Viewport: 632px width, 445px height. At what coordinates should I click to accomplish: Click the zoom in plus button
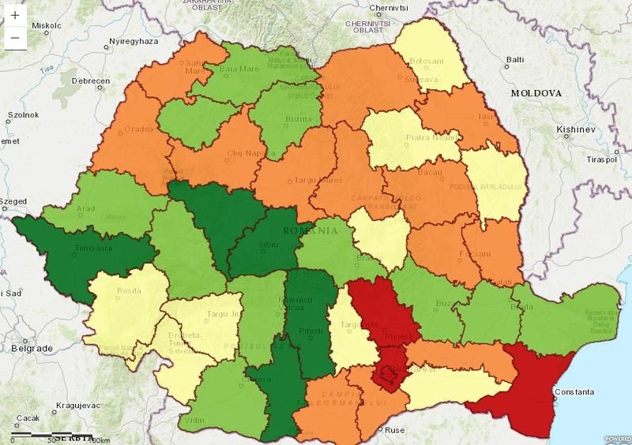pyautogui.click(x=15, y=16)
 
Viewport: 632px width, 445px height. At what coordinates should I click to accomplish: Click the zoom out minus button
pyautogui.click(x=15, y=37)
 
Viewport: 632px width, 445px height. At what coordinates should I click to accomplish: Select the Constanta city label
pyautogui.click(x=574, y=391)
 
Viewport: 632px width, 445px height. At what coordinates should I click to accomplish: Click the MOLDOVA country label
pyautogui.click(x=536, y=93)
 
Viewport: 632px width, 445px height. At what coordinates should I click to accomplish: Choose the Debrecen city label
pyautogui.click(x=91, y=81)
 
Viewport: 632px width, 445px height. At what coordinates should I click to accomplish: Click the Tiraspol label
pyautogui.click(x=600, y=159)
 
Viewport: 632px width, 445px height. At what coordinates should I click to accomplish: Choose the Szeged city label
pyautogui.click(x=13, y=201)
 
